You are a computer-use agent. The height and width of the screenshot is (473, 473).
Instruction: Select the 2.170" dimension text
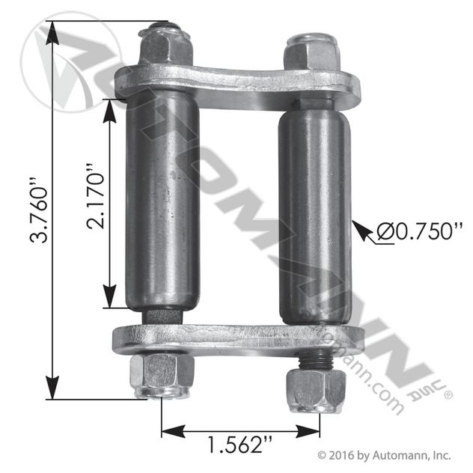click(96, 197)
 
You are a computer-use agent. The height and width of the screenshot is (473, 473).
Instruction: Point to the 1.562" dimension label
click(239, 444)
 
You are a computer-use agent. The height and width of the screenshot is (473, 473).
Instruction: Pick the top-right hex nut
click(311, 52)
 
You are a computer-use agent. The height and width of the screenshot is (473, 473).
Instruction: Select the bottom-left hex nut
click(162, 376)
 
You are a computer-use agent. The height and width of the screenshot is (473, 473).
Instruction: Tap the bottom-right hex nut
click(316, 391)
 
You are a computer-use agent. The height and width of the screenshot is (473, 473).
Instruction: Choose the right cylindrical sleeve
click(315, 218)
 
